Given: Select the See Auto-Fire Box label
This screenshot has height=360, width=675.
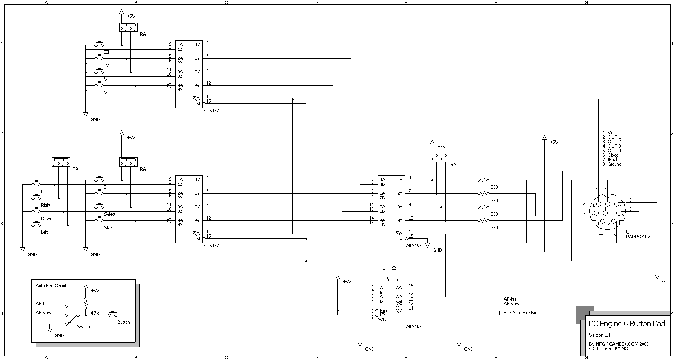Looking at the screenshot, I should (520, 313).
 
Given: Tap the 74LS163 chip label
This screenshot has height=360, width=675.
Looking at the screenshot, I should (413, 327).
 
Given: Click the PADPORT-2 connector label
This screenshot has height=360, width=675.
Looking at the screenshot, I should (638, 237).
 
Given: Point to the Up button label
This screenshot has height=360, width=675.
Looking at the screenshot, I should (44, 192).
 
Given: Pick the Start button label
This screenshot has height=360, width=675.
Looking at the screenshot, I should (108, 228).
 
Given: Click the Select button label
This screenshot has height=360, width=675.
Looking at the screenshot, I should (109, 214).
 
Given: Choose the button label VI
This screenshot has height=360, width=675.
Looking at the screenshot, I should (107, 93).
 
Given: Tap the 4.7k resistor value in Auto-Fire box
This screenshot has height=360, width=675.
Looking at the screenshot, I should (94, 313).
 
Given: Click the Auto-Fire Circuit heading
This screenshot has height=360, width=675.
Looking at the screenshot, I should (51, 286).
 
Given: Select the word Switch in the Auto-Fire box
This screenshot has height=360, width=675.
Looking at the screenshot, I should (83, 327).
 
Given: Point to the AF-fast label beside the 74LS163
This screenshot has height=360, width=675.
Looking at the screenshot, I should (510, 299).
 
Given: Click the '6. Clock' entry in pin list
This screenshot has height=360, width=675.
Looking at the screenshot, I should (610, 155).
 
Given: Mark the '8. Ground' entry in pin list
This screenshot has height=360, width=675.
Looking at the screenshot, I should (612, 164).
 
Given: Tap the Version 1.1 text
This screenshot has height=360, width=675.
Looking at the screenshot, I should (599, 335).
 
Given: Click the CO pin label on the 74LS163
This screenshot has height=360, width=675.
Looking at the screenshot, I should (399, 288).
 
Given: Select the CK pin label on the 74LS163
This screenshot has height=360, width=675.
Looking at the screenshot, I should (382, 319).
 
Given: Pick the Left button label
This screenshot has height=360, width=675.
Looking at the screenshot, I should (44, 232).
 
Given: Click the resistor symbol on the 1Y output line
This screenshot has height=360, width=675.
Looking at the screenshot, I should (484, 180).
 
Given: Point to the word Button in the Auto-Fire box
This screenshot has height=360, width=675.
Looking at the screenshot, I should (123, 322).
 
